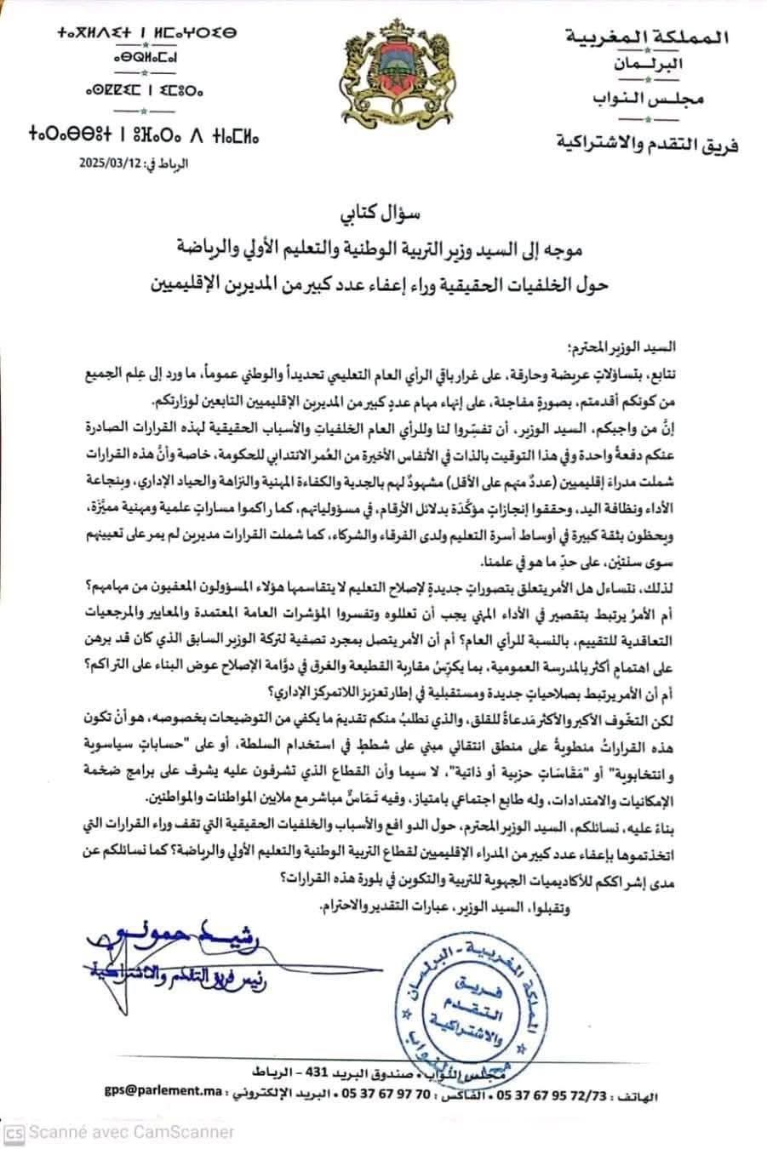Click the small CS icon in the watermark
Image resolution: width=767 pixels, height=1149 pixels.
13,1132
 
